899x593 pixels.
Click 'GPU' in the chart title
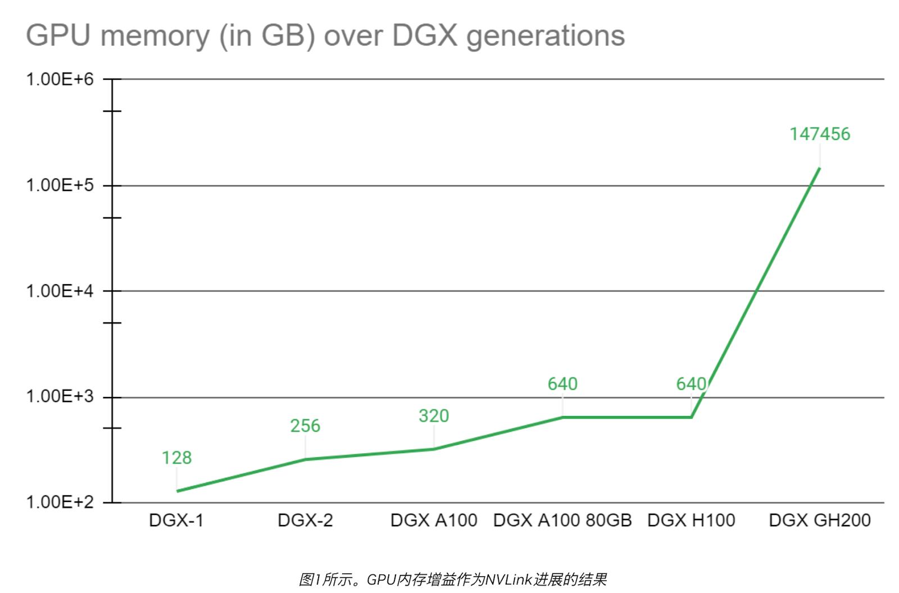point(58,35)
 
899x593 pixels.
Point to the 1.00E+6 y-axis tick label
point(60,79)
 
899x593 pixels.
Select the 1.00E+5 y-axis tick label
point(60,185)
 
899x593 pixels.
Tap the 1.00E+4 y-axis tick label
point(60,291)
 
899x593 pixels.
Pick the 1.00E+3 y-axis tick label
point(60,396)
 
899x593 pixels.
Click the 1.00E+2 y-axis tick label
point(60,501)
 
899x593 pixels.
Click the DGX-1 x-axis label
point(176,521)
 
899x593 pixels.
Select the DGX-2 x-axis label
point(305,521)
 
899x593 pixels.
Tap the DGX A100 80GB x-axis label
point(562,521)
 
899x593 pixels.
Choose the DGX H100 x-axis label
point(691,521)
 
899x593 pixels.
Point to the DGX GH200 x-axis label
point(820,521)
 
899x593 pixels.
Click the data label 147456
point(820,134)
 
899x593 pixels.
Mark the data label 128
point(176,458)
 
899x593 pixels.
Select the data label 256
point(305,426)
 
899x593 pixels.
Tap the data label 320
point(434,416)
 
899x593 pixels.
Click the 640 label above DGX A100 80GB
point(562,384)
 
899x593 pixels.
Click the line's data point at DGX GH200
point(819,168)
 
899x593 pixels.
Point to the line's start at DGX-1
point(178,491)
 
